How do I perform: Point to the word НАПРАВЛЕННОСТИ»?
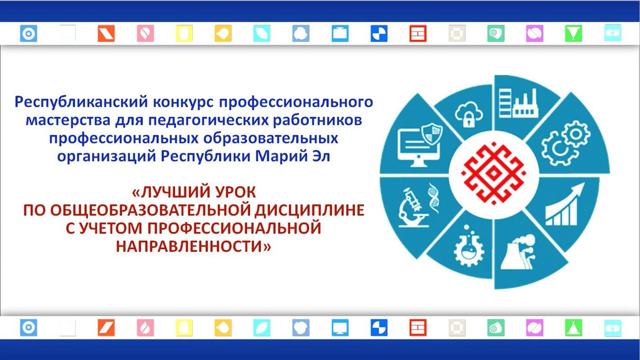click(x=193, y=246)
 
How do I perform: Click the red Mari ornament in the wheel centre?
click(x=494, y=173)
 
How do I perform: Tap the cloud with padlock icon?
click(x=469, y=114)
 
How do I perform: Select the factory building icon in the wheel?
click(x=519, y=103)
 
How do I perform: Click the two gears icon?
click(x=566, y=143)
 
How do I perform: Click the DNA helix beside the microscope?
click(x=433, y=198)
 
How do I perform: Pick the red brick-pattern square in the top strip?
click(x=418, y=34)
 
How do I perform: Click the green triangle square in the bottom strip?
click(x=573, y=327)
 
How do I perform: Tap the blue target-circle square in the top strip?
click(x=28, y=34)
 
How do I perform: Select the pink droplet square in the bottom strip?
click(x=145, y=327)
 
